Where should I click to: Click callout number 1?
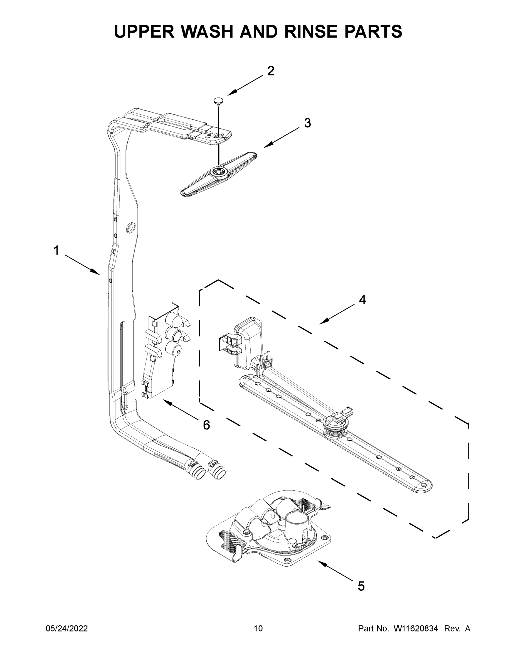click(x=56, y=250)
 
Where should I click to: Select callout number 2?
click(x=271, y=71)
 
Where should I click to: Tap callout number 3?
click(x=308, y=123)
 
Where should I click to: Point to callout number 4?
click(x=362, y=300)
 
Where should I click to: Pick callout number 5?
click(x=361, y=586)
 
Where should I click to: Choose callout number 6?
click(x=207, y=425)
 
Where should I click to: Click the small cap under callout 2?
click(x=218, y=101)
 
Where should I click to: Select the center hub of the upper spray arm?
click(x=219, y=173)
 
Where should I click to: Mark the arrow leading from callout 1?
click(x=82, y=265)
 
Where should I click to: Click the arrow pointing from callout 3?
click(x=282, y=138)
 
